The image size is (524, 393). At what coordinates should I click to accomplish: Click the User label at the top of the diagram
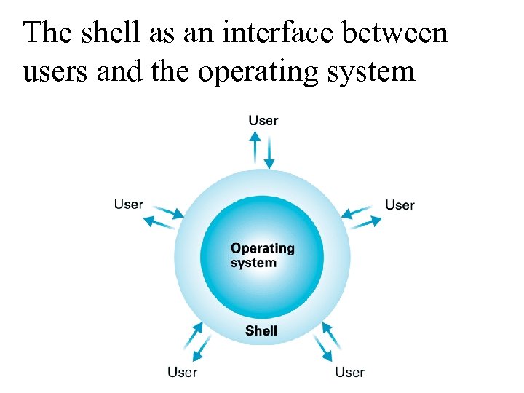tap(263, 120)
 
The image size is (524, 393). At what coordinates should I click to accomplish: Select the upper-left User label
tap(129, 204)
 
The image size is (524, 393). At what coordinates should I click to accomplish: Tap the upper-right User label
tap(399, 205)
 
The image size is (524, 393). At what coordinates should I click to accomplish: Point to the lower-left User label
tap(182, 372)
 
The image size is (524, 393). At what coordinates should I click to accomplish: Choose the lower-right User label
tap(349, 372)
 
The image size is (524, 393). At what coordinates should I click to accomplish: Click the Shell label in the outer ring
tap(261, 330)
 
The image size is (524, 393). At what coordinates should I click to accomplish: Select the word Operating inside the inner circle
tap(262, 248)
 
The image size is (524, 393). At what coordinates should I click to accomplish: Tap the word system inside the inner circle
tap(253, 263)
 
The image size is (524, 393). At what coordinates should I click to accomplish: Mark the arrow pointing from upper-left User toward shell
tap(169, 211)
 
